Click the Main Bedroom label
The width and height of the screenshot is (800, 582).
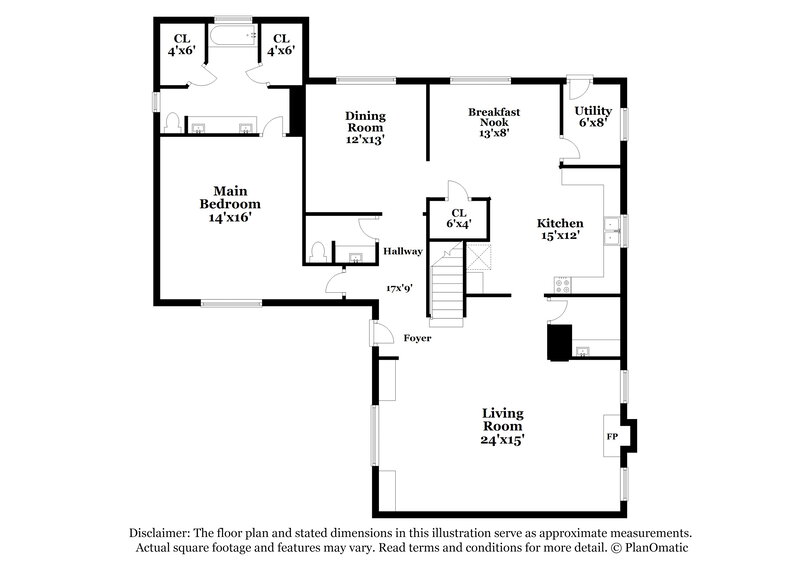click(229, 203)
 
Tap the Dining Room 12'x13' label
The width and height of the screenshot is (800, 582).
click(365, 127)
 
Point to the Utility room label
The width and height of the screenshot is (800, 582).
click(594, 116)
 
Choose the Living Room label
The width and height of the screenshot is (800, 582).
click(503, 426)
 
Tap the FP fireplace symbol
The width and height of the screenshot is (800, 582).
click(612, 437)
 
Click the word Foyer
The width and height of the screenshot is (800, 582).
click(417, 338)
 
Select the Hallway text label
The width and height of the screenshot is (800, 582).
click(403, 251)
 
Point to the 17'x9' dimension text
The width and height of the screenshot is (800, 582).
click(401, 288)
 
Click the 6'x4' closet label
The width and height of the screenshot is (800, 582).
click(459, 219)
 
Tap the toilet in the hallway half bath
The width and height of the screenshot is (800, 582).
click(319, 250)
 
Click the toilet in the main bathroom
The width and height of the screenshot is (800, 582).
click(172, 123)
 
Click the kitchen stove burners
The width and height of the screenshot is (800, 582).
click(561, 283)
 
